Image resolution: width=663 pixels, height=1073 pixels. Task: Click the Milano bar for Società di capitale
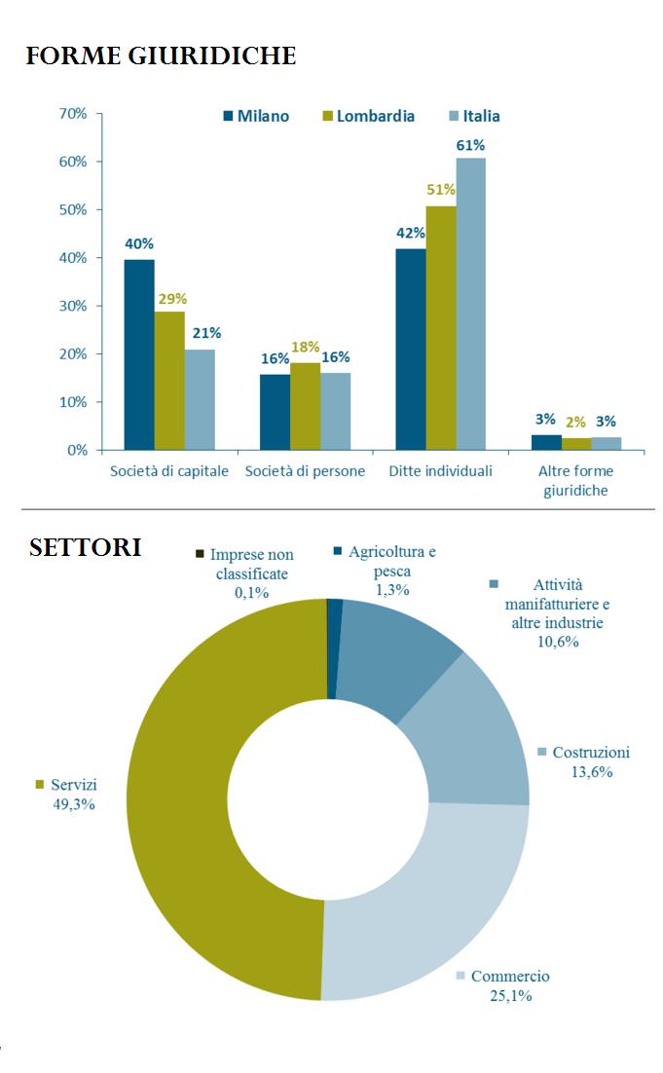coord(138,354)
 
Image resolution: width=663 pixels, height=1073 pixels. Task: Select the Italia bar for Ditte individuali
coord(470,304)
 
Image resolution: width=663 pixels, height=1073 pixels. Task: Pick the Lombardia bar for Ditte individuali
coord(440,327)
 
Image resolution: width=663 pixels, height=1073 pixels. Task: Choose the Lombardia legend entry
coord(367,116)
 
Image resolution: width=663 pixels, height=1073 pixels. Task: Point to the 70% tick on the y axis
coord(73,114)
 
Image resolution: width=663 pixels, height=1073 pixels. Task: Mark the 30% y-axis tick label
coord(73,306)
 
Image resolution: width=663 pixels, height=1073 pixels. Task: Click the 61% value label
coord(470,145)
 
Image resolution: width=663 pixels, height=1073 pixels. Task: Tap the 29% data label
coord(171,299)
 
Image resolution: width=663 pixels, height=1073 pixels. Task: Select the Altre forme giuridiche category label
coord(575,481)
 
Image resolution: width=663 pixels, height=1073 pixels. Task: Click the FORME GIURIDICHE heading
coord(161,56)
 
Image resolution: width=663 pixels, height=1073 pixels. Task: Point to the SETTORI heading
coord(85,547)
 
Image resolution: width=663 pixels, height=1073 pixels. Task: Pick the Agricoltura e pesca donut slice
coord(335,648)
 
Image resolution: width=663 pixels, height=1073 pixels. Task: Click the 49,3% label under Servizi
coord(67,804)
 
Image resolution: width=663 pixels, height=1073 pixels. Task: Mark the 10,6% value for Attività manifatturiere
coord(558,641)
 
